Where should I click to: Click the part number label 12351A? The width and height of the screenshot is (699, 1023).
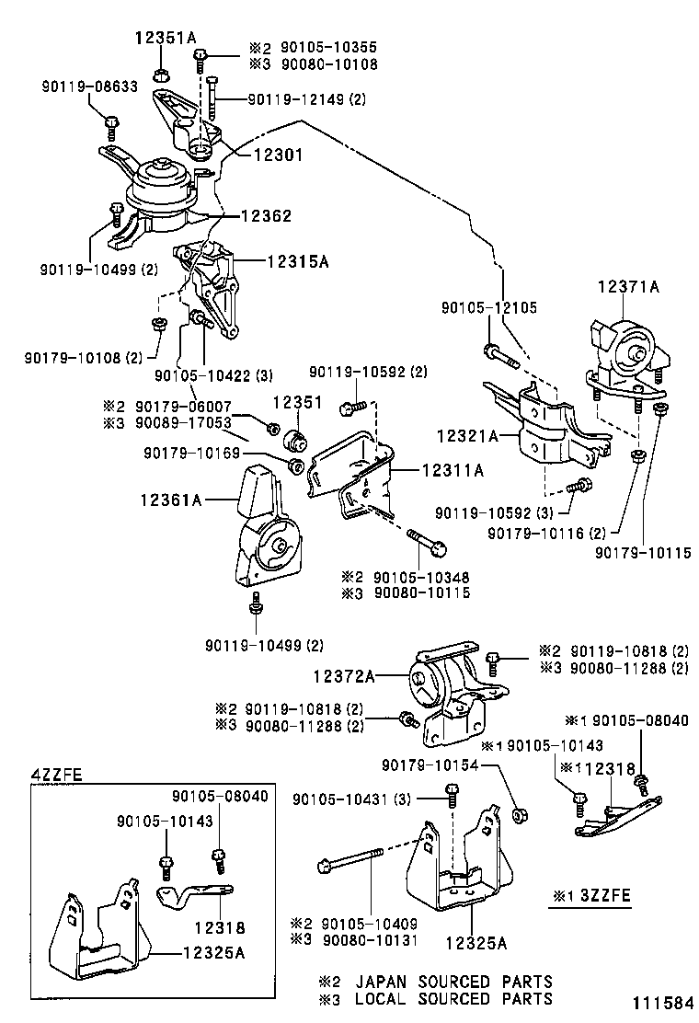click(166, 38)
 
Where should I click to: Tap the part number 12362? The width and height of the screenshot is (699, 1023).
click(266, 216)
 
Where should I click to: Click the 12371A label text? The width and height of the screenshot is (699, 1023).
click(629, 287)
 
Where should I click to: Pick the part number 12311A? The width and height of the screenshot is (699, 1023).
click(453, 470)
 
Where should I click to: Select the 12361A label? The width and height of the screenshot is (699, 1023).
click(171, 500)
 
